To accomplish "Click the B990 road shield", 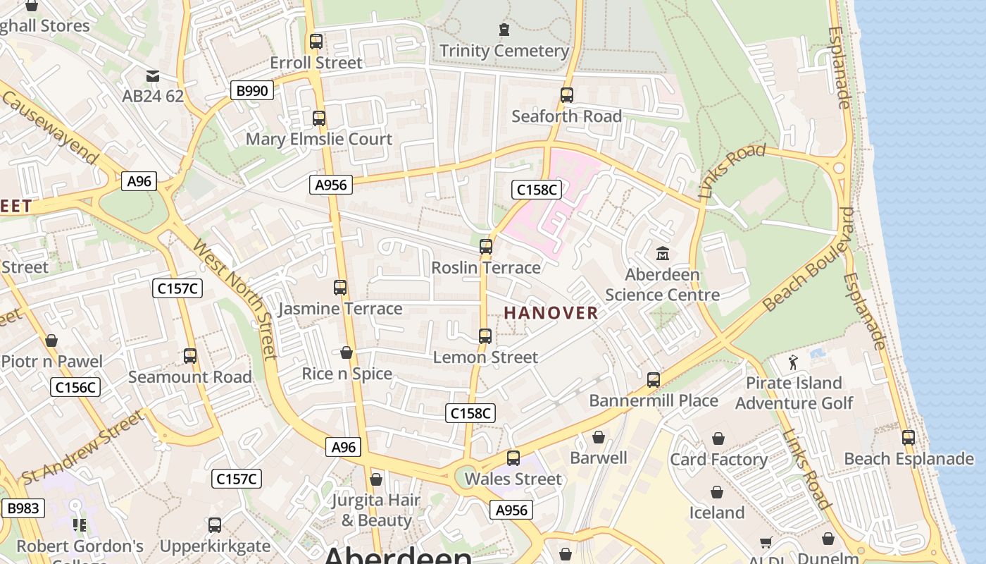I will point(252,90).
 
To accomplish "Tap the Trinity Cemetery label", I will point(504,51).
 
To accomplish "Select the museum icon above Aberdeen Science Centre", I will point(662,253).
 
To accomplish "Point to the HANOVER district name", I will point(551,313).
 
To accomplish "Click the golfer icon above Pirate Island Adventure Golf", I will point(794,362).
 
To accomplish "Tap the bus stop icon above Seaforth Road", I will point(566,95).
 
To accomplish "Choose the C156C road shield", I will point(75,387).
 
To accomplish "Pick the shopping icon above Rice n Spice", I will point(347,352).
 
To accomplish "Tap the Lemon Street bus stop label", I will point(485,357).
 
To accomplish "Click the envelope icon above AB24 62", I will point(152,76).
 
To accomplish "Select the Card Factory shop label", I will point(718,460).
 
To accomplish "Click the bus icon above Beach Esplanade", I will point(909,438).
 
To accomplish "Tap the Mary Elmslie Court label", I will point(318,139).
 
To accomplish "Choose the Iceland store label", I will point(716,513).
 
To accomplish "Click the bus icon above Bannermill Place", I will point(654,380).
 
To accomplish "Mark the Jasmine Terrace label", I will point(340,309).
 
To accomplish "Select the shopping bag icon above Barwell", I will point(598,438).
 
